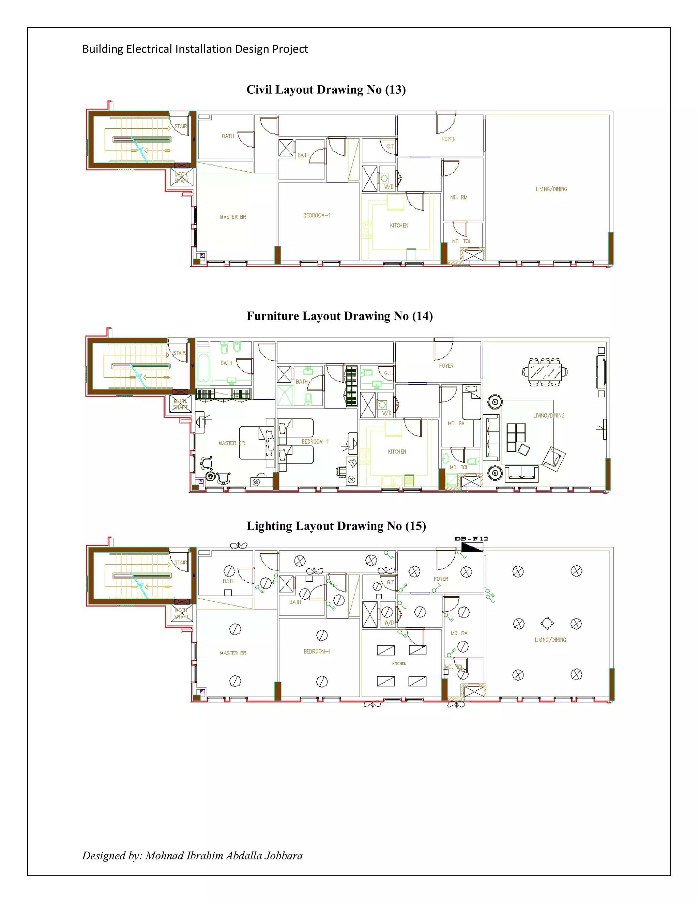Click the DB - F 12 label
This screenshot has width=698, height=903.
pos(471,538)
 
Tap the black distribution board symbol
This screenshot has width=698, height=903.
pos(472,547)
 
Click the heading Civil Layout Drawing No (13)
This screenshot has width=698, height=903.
pos(326,90)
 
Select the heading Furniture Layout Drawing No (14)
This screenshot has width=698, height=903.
pos(339,316)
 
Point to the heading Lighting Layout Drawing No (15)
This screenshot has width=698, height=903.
pos(336,526)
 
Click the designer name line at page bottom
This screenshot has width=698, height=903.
pos(192,855)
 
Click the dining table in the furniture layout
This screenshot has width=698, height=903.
pos(545,372)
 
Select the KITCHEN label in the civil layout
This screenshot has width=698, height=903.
pos(399,225)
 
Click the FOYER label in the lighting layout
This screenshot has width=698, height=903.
pos(441,579)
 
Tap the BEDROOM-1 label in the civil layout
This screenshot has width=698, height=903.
pos(317,215)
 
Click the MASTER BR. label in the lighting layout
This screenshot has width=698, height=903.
pos(233,653)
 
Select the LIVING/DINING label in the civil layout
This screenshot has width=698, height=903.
pos(551,189)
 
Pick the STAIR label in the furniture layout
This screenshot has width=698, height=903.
pos(179,353)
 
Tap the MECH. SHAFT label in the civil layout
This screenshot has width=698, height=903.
pos(182,178)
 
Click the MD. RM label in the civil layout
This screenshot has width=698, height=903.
pos(459,198)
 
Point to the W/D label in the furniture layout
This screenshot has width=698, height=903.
pos(386,413)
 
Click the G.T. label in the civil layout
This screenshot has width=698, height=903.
pos(390,147)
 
